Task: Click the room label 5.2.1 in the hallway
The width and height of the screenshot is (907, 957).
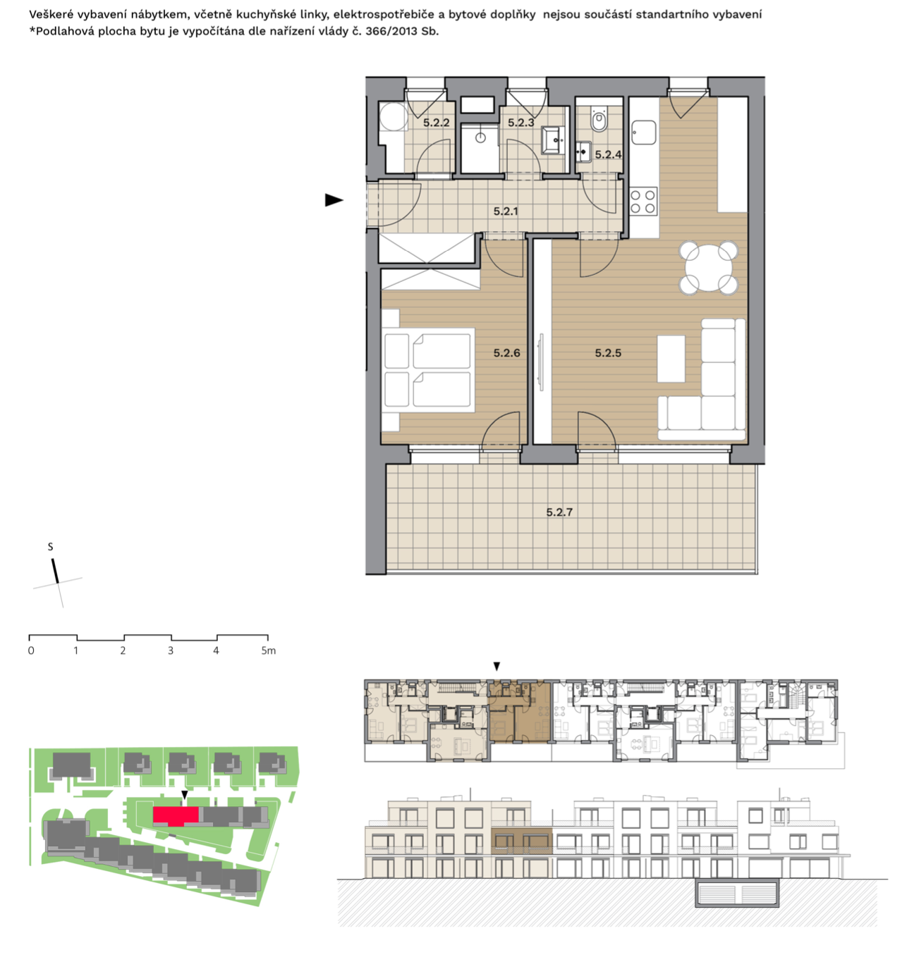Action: [x=506, y=211]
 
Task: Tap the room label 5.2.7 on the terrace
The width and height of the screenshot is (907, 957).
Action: [x=559, y=512]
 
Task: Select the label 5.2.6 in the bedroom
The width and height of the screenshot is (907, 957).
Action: [x=506, y=353]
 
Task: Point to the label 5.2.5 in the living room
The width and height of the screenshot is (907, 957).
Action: [x=608, y=353]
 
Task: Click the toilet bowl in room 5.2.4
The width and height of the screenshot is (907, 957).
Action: [x=599, y=121]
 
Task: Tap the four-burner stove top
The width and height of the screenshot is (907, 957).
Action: [x=643, y=202]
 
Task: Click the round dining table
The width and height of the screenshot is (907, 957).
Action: [x=708, y=268]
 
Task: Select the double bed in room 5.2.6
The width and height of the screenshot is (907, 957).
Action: [x=428, y=370]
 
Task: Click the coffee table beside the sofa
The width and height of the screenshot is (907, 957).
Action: [x=671, y=359]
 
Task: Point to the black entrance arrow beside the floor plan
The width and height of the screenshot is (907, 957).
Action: [x=334, y=200]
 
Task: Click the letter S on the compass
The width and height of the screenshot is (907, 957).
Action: [x=50, y=547]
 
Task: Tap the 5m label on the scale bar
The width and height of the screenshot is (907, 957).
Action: [x=269, y=650]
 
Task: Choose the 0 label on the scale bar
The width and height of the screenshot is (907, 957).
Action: [x=31, y=650]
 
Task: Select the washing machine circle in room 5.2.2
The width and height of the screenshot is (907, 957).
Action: [x=393, y=116]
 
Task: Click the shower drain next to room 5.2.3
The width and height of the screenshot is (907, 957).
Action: [x=480, y=137]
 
